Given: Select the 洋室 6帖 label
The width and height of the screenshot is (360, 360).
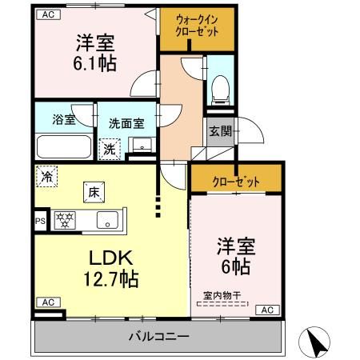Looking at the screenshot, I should click(236, 255).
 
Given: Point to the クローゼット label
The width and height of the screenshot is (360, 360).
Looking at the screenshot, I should click(236, 182).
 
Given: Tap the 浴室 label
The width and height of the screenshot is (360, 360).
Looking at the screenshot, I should click(64, 121).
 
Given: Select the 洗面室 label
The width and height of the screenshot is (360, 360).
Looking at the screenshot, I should click(126, 124).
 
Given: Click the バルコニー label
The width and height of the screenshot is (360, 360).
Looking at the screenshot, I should click(158, 336).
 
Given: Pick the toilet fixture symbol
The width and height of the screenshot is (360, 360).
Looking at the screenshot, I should click(218, 87).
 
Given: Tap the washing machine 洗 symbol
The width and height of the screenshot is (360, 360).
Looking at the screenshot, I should click(108, 148).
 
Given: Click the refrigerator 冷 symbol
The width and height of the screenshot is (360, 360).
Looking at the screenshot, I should click(47, 177).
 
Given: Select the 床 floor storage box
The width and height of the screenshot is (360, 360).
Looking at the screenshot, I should click(93, 192).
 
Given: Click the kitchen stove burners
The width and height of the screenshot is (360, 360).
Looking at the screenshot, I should click(65, 219).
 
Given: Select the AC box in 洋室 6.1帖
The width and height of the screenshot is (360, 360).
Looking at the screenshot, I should click(49, 14).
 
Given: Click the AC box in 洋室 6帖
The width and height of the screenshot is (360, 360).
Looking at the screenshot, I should click(266, 310).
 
